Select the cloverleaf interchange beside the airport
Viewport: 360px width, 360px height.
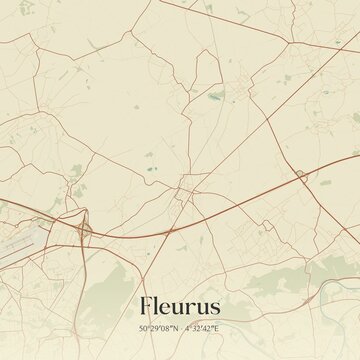pyautogui.click(x=83, y=231)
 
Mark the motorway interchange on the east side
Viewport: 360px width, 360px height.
pyautogui.click(x=301, y=175)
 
